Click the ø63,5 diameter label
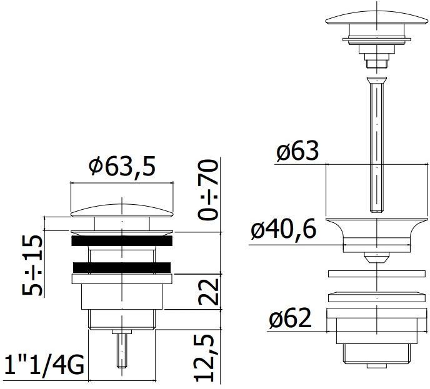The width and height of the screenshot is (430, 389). [121, 167]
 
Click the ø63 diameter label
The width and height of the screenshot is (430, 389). [297, 151]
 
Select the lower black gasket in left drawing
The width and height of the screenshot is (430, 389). [122, 267]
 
